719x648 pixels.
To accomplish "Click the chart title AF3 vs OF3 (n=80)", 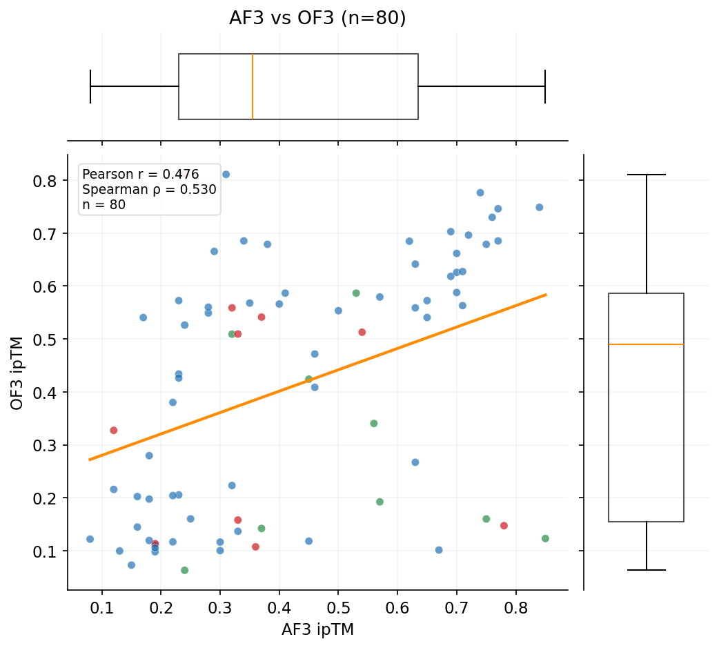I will [x=317, y=19].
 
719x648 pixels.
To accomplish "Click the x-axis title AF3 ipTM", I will [x=317, y=629].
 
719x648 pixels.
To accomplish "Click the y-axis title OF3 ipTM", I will [x=17, y=373].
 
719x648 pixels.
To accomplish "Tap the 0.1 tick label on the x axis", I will [x=102, y=610].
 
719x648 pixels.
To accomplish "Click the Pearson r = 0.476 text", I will [x=140, y=175].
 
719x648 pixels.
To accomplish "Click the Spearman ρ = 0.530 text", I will [x=149, y=190].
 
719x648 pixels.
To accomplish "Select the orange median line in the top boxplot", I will [x=253, y=86].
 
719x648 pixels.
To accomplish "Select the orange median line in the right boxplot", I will [x=646, y=344].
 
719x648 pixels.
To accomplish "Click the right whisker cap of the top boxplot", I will [x=545, y=86].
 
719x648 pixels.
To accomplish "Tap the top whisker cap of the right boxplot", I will [x=646, y=175].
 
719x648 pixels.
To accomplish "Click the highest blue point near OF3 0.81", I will [x=226, y=175].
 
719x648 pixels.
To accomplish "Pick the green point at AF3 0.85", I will [x=545, y=538].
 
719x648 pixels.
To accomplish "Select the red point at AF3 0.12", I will [x=114, y=431].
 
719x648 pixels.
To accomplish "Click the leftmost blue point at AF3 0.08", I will [x=90, y=539].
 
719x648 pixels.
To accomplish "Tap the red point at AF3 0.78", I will [x=504, y=526].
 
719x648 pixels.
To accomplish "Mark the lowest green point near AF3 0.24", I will [x=184, y=570].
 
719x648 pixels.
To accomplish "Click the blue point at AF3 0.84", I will [x=540, y=207].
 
